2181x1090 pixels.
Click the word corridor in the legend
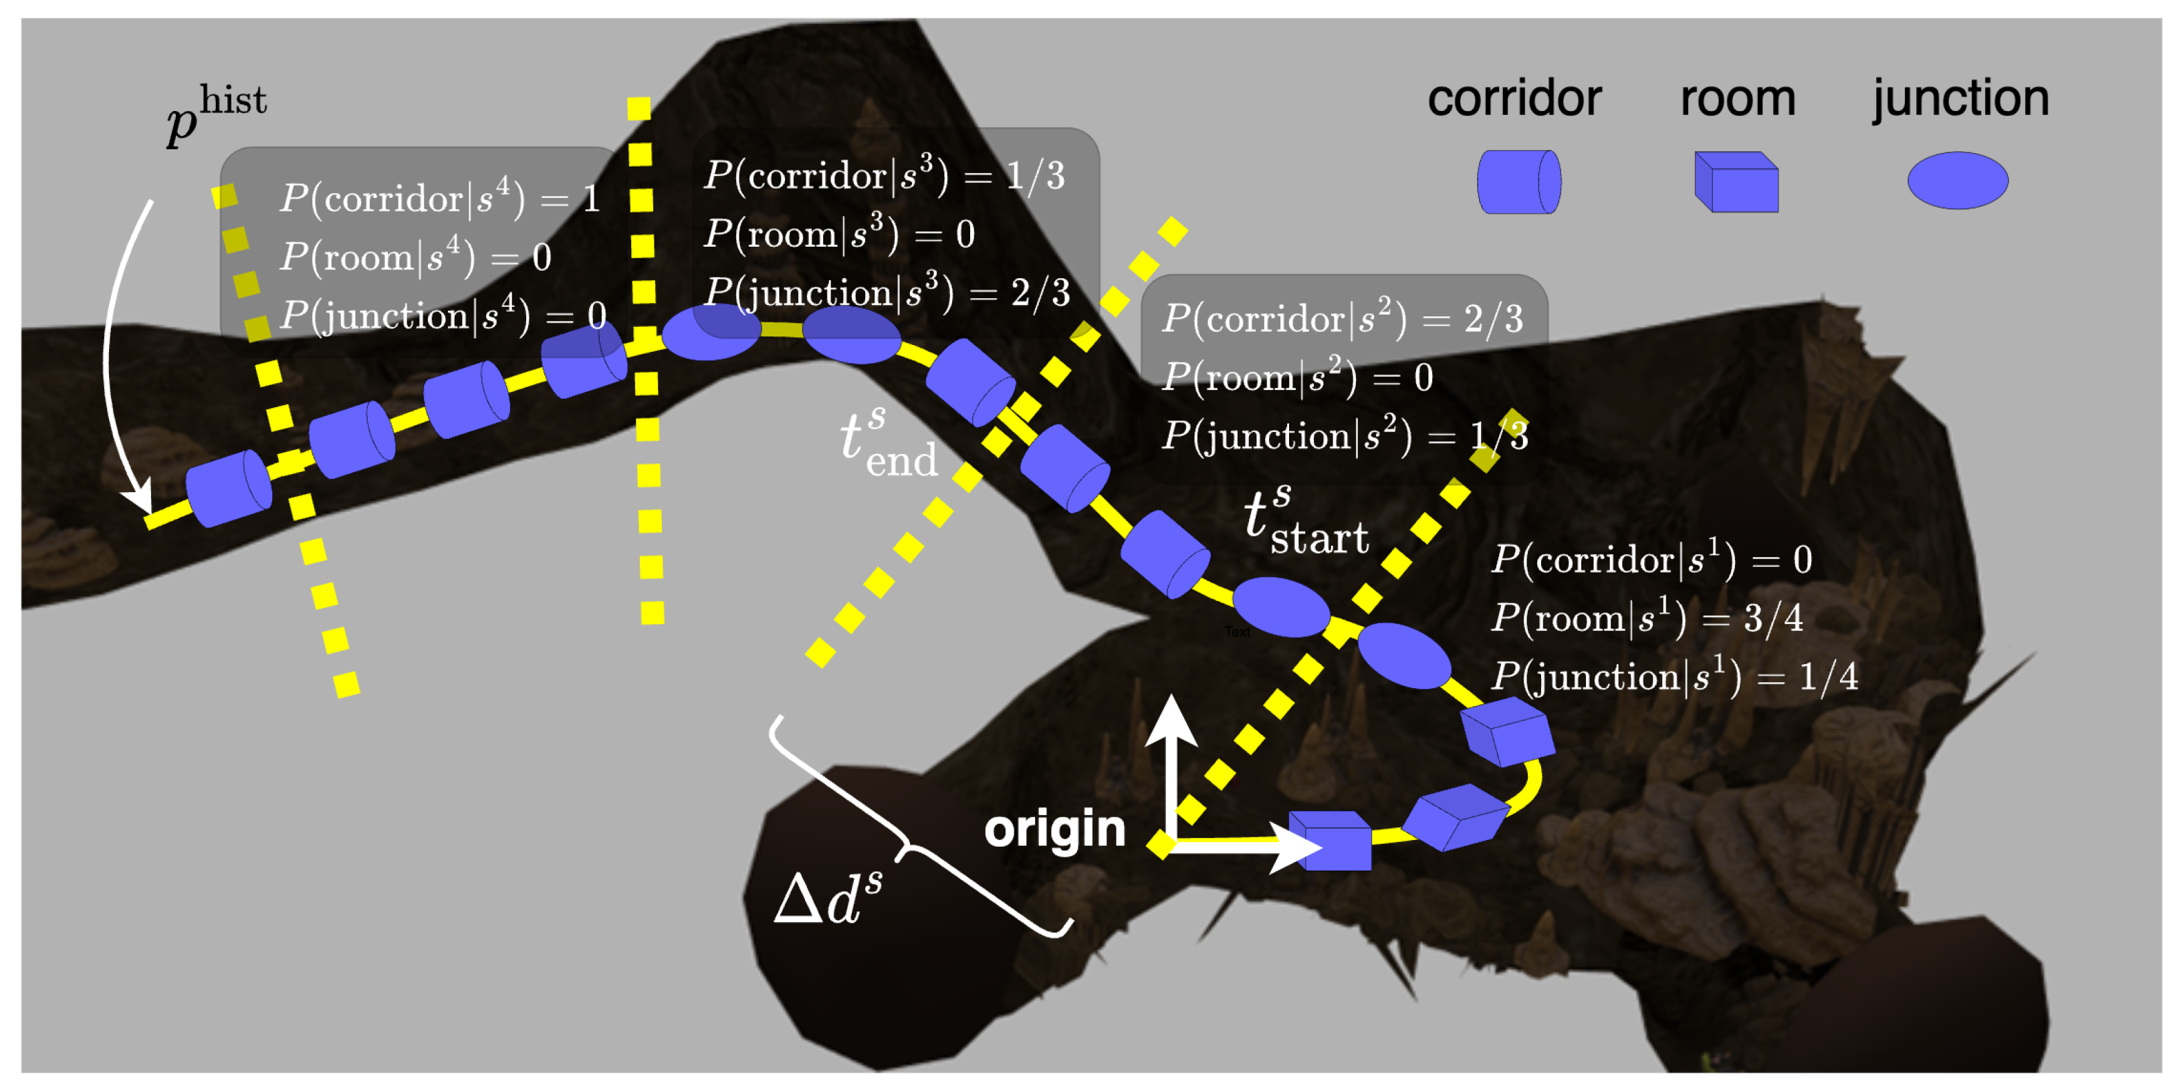click(x=1514, y=99)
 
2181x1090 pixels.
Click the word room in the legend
click(x=1737, y=99)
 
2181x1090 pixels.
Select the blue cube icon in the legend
click(x=1736, y=181)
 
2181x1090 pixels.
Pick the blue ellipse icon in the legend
click(x=1958, y=181)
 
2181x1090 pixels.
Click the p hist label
click(x=217, y=114)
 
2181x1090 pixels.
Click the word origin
click(x=1054, y=829)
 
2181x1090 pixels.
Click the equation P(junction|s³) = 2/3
click(x=887, y=293)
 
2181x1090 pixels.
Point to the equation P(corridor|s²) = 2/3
click(x=1342, y=319)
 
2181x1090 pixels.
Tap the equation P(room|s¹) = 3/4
click(x=1647, y=619)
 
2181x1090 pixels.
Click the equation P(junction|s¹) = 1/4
click(x=1674, y=677)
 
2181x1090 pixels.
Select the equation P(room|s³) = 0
click(x=839, y=234)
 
